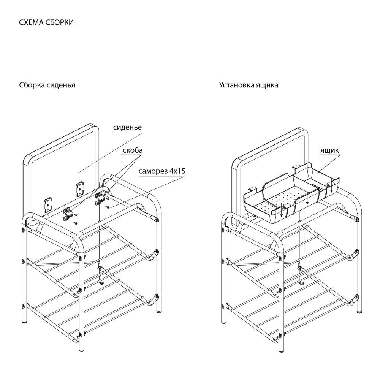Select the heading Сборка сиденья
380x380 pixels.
[x=47, y=85]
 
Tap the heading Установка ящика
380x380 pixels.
[x=249, y=85]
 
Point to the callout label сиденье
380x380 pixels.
[x=127, y=127]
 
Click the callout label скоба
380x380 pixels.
[x=133, y=150]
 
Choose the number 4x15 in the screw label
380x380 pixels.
[x=177, y=171]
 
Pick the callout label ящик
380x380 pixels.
[x=330, y=150]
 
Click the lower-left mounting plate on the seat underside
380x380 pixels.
[x=48, y=204]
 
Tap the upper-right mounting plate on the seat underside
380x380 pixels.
[x=80, y=188]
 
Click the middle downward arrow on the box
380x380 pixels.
[x=307, y=198]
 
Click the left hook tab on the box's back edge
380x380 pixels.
[x=251, y=189]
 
